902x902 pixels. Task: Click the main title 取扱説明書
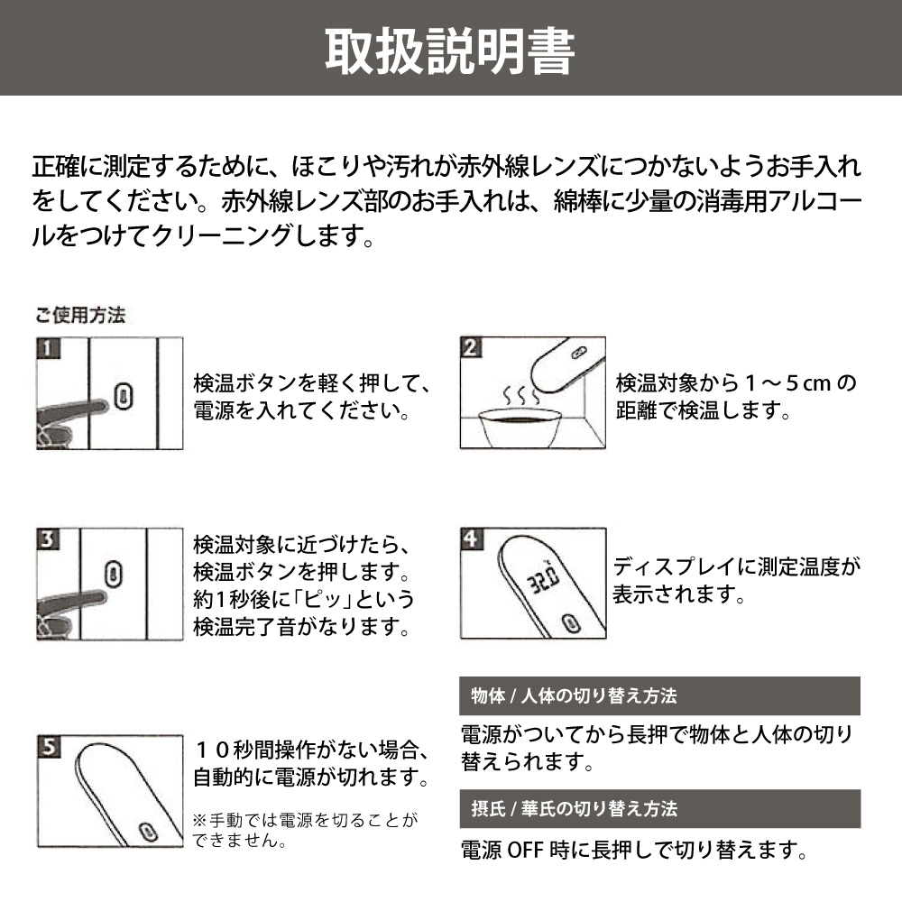pyautogui.click(x=450, y=51)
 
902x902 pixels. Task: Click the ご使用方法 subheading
pyautogui.click(x=80, y=315)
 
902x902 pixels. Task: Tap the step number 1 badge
pyautogui.click(x=49, y=348)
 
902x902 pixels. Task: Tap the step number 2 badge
pyautogui.click(x=471, y=347)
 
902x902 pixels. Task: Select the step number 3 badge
pyautogui.click(x=49, y=539)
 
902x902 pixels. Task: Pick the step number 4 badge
pyautogui.click(x=471, y=539)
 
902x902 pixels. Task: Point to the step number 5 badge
pyautogui.click(x=49, y=746)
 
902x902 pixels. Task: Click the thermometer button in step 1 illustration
pyautogui.click(x=124, y=396)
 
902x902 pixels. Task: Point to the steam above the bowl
pyautogui.click(x=521, y=395)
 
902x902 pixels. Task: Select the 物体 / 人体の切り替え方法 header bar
pyautogui.click(x=660, y=695)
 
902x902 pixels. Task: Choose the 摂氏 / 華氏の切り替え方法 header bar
pyautogui.click(x=660, y=808)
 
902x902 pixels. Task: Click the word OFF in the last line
pyautogui.click(x=525, y=850)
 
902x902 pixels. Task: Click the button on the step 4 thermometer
pyautogui.click(x=571, y=622)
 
